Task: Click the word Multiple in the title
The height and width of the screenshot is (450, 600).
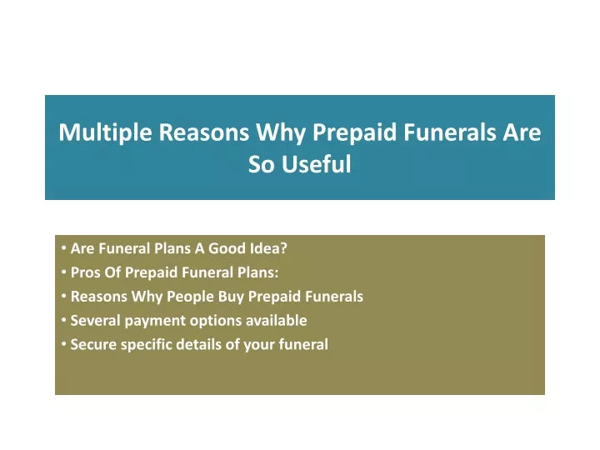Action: (x=106, y=132)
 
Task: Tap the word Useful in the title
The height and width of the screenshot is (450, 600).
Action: (x=317, y=164)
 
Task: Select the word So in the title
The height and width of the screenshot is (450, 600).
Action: (x=262, y=164)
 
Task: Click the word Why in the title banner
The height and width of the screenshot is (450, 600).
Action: (x=281, y=132)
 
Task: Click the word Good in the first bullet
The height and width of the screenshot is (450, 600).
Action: (x=227, y=248)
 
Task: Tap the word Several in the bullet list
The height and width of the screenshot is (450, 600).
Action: (x=96, y=320)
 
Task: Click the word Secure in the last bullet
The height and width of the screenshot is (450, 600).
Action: (x=93, y=344)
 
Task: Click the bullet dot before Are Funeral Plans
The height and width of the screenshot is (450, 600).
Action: (x=63, y=248)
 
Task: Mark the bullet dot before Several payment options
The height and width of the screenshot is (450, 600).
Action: (x=63, y=320)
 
